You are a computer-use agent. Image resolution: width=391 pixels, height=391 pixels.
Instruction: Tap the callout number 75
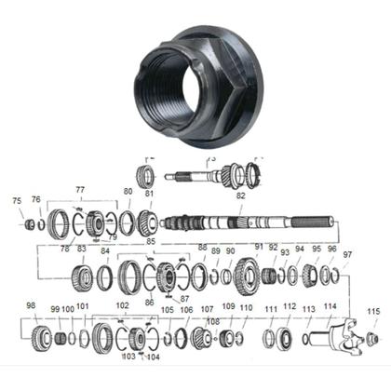[17, 200]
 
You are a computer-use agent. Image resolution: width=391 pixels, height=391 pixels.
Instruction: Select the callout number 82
[240, 195]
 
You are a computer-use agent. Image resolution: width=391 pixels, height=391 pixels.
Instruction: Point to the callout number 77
[80, 190]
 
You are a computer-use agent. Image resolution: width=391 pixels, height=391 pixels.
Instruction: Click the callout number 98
[31, 305]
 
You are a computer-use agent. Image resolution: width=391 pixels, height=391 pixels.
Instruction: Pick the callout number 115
[373, 311]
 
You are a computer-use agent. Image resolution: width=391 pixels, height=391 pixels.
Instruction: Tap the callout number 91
[259, 247]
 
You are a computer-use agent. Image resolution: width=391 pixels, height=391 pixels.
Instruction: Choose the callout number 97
[347, 254]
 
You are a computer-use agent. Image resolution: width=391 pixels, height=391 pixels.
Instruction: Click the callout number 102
[122, 305]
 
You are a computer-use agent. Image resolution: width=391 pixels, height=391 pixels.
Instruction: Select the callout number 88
[203, 248]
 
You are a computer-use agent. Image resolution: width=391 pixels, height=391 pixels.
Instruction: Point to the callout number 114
[330, 306]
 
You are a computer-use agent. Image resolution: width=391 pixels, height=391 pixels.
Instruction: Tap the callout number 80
[128, 192]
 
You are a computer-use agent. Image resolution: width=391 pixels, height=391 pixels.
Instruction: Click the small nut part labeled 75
[29, 224]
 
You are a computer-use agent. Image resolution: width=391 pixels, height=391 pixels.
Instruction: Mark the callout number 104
[153, 356]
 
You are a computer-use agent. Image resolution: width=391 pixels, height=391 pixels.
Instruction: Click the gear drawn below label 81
[147, 222]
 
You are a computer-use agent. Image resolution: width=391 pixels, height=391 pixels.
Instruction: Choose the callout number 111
[270, 308]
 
